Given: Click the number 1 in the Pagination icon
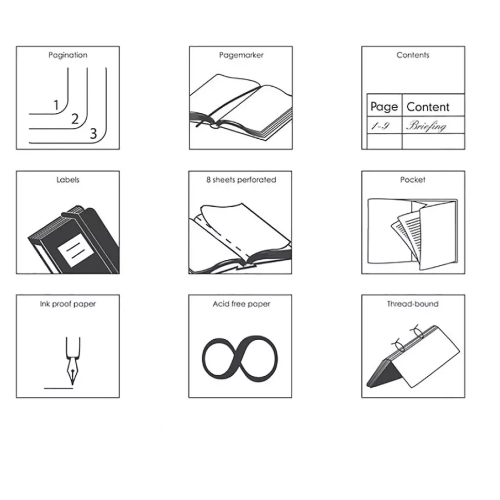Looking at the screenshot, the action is point(56,105).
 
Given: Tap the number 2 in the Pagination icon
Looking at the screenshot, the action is point(75,119).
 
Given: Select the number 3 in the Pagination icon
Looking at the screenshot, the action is point(93,134).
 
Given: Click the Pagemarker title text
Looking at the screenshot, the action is point(241,55).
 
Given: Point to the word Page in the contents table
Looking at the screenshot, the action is point(384,107).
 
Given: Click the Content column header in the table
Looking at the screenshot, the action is point(428,107).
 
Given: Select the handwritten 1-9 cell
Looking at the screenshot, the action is point(380,126).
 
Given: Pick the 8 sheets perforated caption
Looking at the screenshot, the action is point(241,180).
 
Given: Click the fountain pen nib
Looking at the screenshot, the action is point(73,372).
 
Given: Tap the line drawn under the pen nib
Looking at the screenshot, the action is point(59,388).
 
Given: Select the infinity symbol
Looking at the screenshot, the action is point(240,359).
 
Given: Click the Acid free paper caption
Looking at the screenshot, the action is point(241,304).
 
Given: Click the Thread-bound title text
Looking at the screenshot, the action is point(413,304).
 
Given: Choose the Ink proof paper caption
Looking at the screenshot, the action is point(68,304).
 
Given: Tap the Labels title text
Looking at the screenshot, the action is point(68,180).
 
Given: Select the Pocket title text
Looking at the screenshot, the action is point(413,180).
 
